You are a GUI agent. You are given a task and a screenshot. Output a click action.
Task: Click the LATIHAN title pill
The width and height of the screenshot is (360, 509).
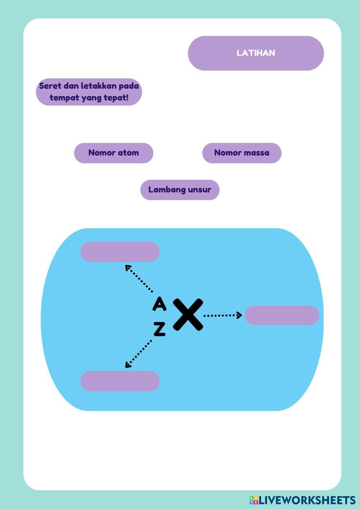point(256,53)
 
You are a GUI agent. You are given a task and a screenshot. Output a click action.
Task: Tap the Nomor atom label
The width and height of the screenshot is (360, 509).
point(113,153)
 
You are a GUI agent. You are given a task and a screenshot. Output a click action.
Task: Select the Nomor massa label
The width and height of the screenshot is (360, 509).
point(242,153)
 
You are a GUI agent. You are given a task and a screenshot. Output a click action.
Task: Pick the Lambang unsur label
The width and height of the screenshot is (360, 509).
point(180,190)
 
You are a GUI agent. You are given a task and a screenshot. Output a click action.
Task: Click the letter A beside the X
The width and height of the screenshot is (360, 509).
point(159,304)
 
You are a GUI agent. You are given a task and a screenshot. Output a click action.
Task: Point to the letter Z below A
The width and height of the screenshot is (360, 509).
point(159,329)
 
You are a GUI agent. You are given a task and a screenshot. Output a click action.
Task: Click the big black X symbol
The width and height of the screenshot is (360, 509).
point(188,315)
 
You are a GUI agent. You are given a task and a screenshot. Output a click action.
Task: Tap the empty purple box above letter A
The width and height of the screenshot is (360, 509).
point(120,252)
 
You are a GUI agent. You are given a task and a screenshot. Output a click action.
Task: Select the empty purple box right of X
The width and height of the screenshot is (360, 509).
point(282,315)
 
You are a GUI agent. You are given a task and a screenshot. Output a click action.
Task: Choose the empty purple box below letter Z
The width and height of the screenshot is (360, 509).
point(120,381)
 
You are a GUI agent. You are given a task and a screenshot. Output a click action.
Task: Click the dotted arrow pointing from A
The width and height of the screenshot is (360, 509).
point(139,279)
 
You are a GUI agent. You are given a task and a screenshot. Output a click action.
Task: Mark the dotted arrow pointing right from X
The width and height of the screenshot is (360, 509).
point(222,315)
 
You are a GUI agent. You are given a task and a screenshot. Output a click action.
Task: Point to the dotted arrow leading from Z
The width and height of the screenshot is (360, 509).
point(138,354)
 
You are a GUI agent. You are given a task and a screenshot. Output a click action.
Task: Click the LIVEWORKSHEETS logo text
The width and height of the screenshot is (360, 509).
point(307,500)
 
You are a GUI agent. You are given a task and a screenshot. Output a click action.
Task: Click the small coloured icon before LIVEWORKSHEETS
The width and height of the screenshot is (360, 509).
point(254,500)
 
